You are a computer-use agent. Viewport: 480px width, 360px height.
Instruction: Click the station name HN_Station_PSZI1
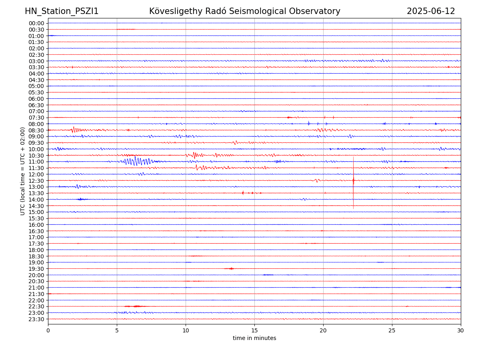(x=62, y=11)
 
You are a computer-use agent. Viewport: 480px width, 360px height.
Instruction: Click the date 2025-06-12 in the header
(x=431, y=11)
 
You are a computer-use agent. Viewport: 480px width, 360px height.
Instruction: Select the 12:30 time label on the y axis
(x=36, y=181)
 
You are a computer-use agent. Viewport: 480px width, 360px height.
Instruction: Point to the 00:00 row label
(x=36, y=23)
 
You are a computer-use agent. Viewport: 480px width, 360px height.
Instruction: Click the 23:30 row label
(x=36, y=319)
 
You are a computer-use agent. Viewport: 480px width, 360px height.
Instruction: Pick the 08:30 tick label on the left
(x=36, y=130)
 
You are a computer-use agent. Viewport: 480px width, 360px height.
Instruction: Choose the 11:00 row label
(x=36, y=162)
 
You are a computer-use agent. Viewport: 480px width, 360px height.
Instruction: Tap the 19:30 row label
(x=36, y=269)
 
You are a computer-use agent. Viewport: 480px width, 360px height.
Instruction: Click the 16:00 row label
(x=36, y=225)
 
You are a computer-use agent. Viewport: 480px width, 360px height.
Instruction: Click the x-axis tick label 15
(x=254, y=331)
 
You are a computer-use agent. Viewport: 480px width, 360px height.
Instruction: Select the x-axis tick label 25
(x=392, y=331)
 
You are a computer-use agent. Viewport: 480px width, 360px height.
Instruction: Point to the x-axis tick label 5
(x=117, y=331)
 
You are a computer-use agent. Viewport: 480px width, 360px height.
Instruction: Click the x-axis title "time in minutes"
(x=254, y=338)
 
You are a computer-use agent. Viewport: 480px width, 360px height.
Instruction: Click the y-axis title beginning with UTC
(x=23, y=171)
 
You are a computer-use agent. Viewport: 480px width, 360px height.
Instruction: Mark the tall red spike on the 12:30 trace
(x=353, y=180)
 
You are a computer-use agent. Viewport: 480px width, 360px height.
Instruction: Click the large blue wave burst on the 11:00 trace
(x=136, y=161)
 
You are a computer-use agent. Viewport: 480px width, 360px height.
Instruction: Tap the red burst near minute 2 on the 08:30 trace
(x=74, y=130)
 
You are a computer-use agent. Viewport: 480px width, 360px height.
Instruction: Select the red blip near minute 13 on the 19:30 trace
(x=230, y=268)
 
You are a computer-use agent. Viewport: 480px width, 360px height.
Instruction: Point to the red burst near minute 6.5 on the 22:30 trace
(x=137, y=306)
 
